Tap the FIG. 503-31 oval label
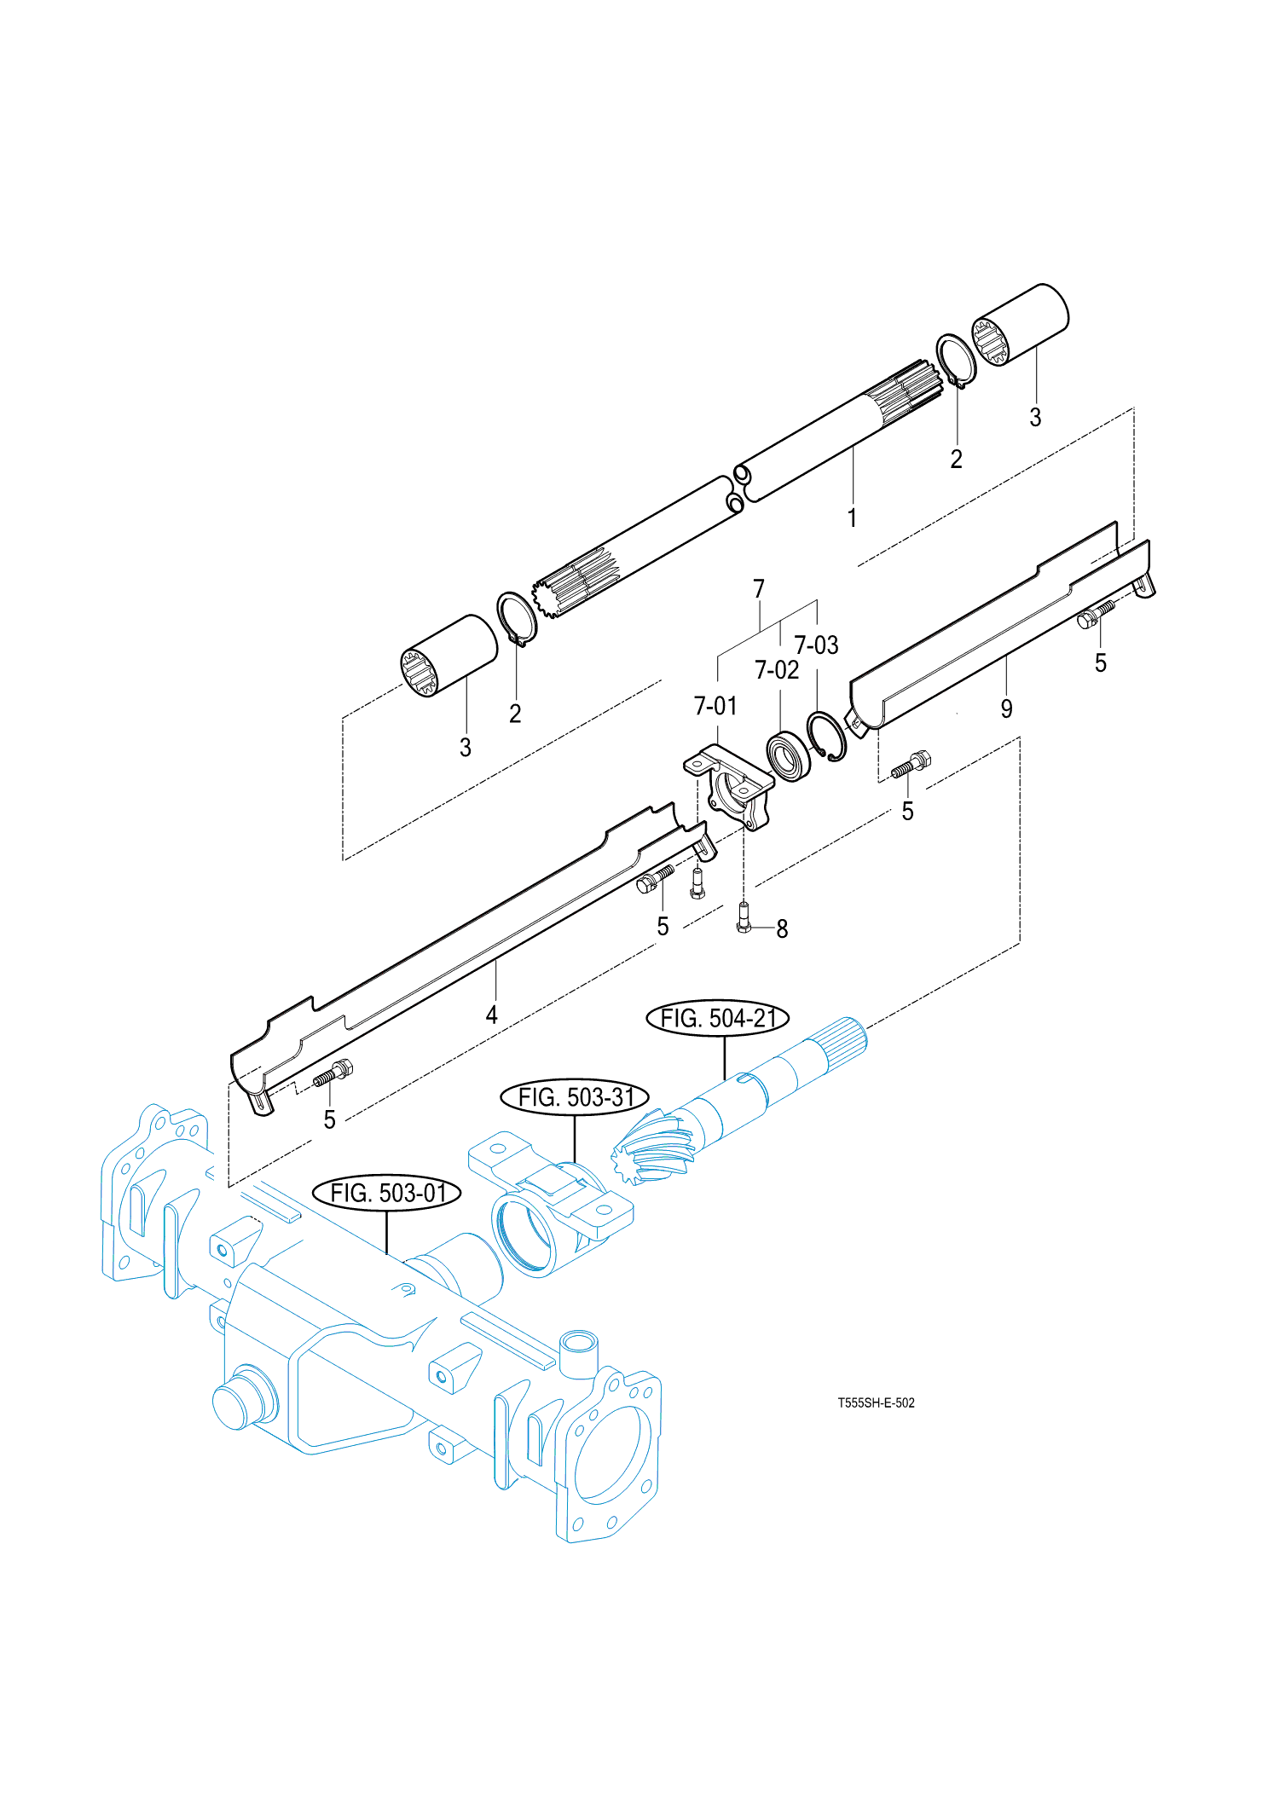coord(574,1097)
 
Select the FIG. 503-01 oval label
coord(387,1193)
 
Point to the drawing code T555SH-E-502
coord(876,1402)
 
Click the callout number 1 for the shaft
coord(852,518)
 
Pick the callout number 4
coord(492,1015)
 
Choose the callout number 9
coord(1007,708)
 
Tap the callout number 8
coord(782,928)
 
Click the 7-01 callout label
coord(715,706)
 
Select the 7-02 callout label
coord(777,670)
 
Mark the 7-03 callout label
coord(816,645)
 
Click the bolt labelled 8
coord(743,917)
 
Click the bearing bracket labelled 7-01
coord(731,786)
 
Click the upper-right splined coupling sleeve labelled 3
coord(1021,324)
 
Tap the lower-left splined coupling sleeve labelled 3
coord(449,655)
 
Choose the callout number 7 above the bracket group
coord(759,588)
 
